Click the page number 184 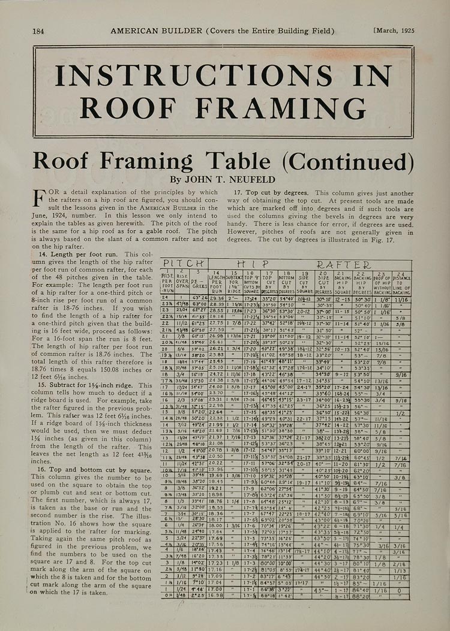(39, 31)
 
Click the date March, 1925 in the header (393, 31)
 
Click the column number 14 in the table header (216, 273)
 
